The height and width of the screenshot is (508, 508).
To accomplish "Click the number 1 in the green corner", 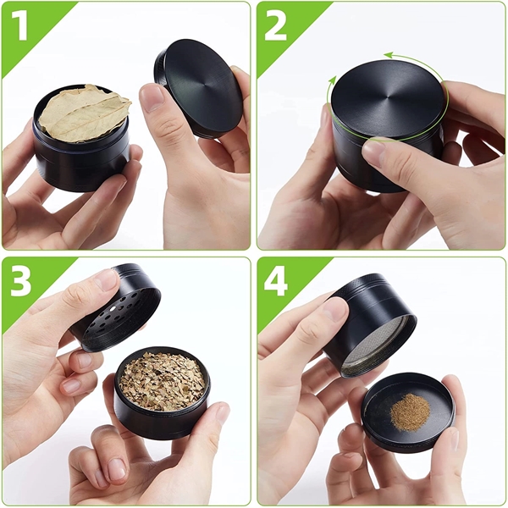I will click(20, 26).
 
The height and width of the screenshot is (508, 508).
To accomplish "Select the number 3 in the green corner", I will click(21, 282).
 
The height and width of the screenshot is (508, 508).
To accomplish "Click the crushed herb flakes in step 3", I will click(162, 381).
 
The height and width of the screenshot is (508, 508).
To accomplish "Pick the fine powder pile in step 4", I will click(411, 411).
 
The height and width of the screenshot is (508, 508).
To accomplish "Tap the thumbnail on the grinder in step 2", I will click(373, 152).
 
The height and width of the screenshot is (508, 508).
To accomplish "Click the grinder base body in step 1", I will click(80, 161).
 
